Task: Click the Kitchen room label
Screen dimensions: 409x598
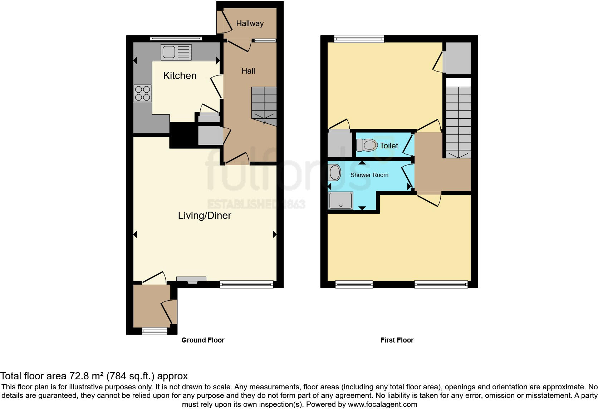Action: (180, 75)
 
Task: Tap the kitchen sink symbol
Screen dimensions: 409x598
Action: (176, 52)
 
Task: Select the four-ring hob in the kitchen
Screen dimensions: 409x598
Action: (142, 93)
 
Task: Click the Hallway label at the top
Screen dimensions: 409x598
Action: (250, 24)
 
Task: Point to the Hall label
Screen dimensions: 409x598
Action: (248, 71)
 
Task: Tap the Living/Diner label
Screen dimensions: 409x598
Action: (205, 215)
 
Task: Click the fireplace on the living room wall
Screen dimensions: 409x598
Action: (191, 280)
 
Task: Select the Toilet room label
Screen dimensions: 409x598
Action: (389, 146)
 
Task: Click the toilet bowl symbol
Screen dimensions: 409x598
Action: (367, 145)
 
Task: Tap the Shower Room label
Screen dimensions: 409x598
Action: (369, 175)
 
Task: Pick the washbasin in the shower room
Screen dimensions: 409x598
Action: (335, 173)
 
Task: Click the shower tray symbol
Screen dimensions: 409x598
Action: (340, 201)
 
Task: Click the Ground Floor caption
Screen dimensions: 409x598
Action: (203, 340)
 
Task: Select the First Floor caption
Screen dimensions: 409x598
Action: (397, 340)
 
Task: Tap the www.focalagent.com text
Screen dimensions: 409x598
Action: (382, 404)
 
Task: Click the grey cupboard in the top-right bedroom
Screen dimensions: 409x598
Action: (457, 58)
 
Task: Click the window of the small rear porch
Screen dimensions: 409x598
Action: (155, 331)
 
